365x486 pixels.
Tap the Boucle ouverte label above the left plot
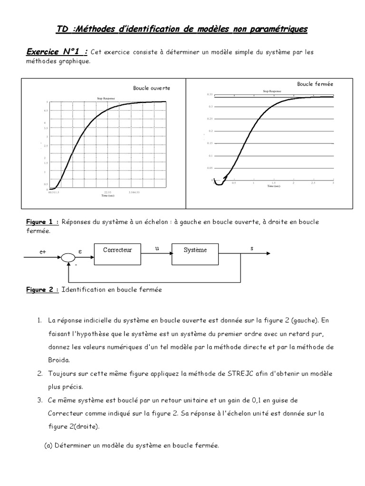click(x=151, y=88)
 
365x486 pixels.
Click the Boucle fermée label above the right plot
click(x=315, y=84)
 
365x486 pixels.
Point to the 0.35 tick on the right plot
click(x=210, y=94)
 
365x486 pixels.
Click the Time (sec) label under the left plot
click(x=107, y=195)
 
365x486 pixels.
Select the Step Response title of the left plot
click(x=106, y=98)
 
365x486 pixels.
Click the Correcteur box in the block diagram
click(x=117, y=250)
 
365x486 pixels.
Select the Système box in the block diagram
click(x=195, y=250)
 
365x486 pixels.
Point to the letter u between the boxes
click(x=156, y=248)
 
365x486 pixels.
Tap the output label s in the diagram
click(x=251, y=248)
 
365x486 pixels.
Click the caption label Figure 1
click(x=42, y=222)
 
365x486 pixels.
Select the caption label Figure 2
click(x=42, y=290)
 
